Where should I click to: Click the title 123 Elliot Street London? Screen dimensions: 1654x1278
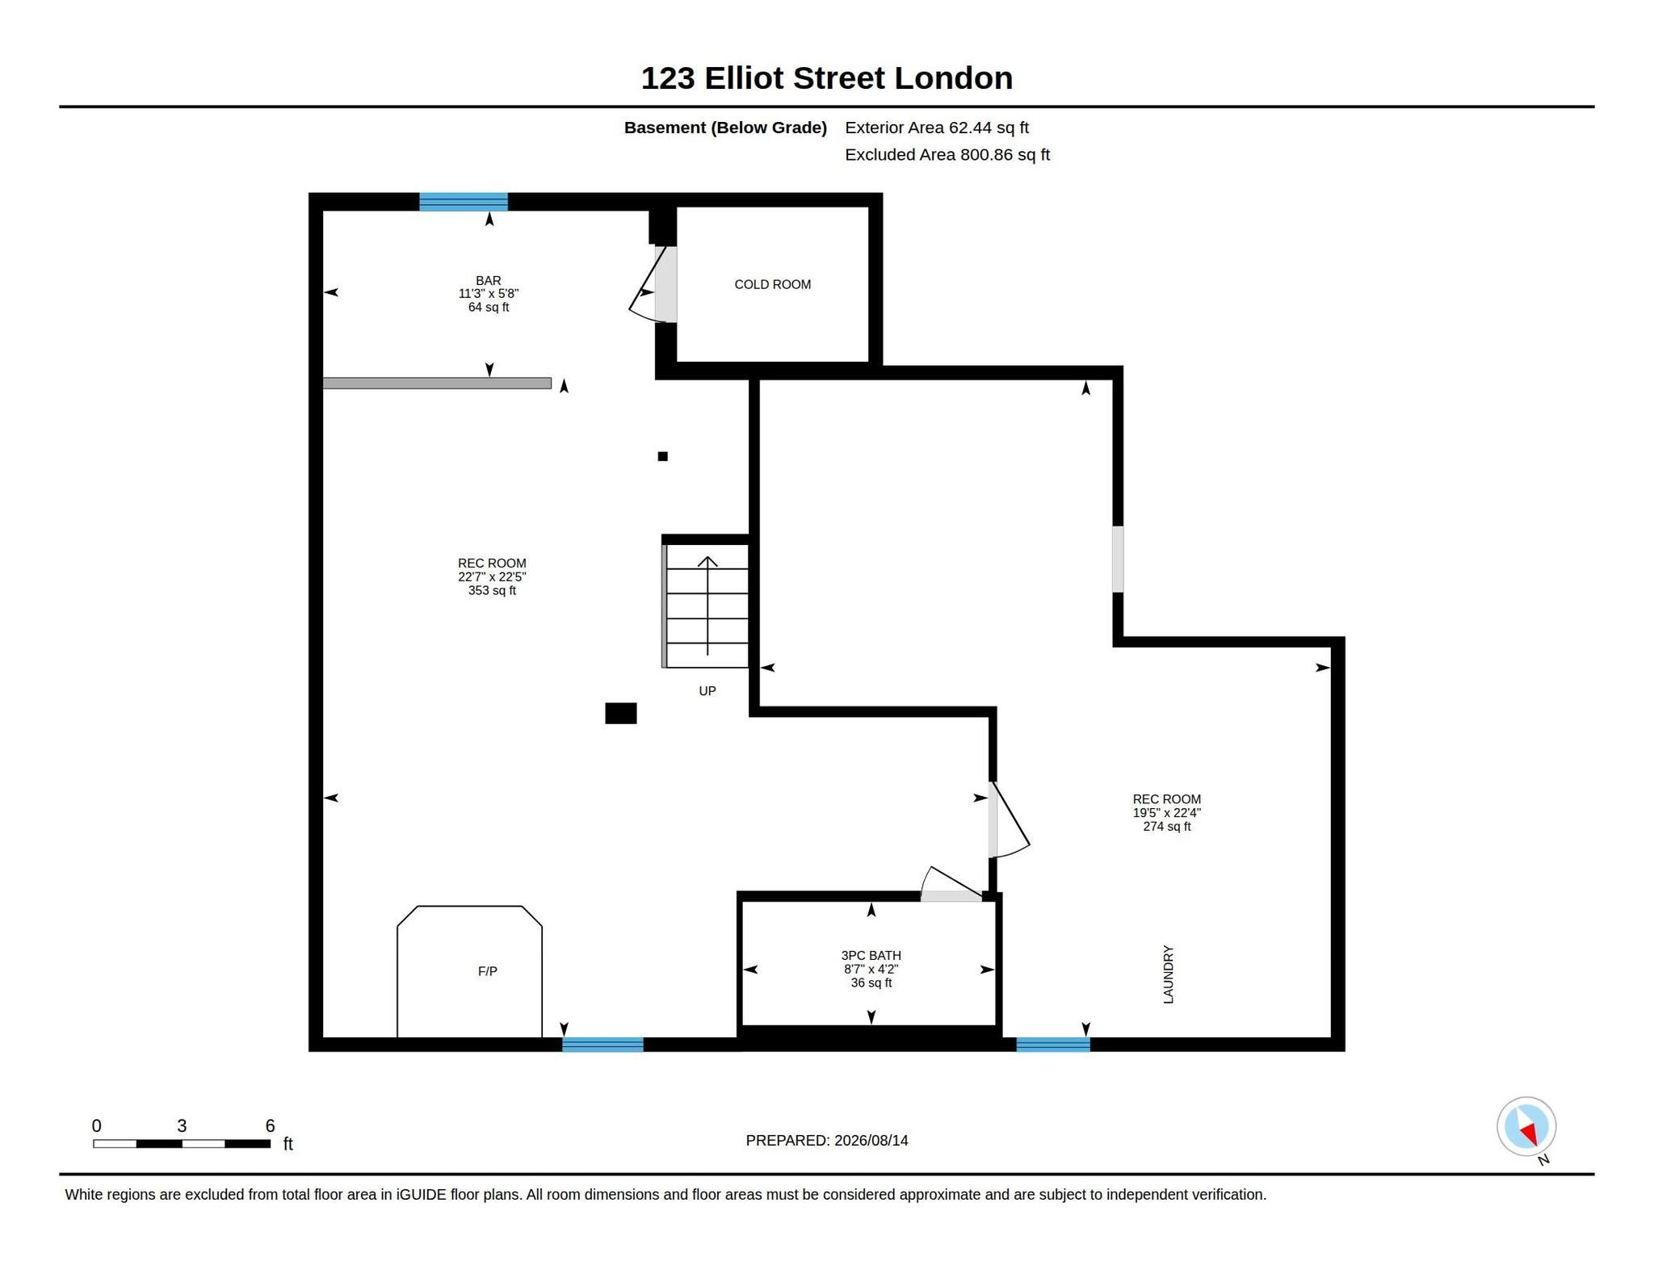click(826, 78)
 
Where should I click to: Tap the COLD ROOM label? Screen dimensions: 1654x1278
click(772, 284)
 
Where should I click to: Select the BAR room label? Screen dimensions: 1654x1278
click(489, 280)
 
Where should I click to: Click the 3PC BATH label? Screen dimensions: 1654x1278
click(871, 955)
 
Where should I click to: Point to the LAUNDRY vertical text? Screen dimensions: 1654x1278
click(1168, 974)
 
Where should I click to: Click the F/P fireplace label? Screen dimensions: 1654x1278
click(487, 971)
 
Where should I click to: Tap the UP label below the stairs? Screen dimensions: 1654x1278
click(707, 691)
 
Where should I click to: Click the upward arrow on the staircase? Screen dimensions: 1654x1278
click(707, 605)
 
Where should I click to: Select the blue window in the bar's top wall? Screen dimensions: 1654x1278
click(464, 202)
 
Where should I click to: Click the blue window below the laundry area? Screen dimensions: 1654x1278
click(1053, 1045)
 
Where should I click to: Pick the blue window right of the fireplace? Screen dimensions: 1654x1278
click(602, 1045)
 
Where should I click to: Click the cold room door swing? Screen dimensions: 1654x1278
click(650, 285)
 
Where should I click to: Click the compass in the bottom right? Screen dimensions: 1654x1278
click(1526, 1127)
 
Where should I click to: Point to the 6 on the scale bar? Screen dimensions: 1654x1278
click(270, 1125)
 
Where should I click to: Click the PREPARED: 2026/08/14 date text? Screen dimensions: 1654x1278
click(827, 1140)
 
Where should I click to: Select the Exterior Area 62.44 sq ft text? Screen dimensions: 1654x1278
click(937, 128)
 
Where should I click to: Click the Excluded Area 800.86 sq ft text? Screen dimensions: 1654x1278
click(947, 155)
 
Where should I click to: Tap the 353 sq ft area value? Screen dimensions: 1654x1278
click(492, 590)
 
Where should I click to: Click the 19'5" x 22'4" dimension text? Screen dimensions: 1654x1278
click(1167, 813)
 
